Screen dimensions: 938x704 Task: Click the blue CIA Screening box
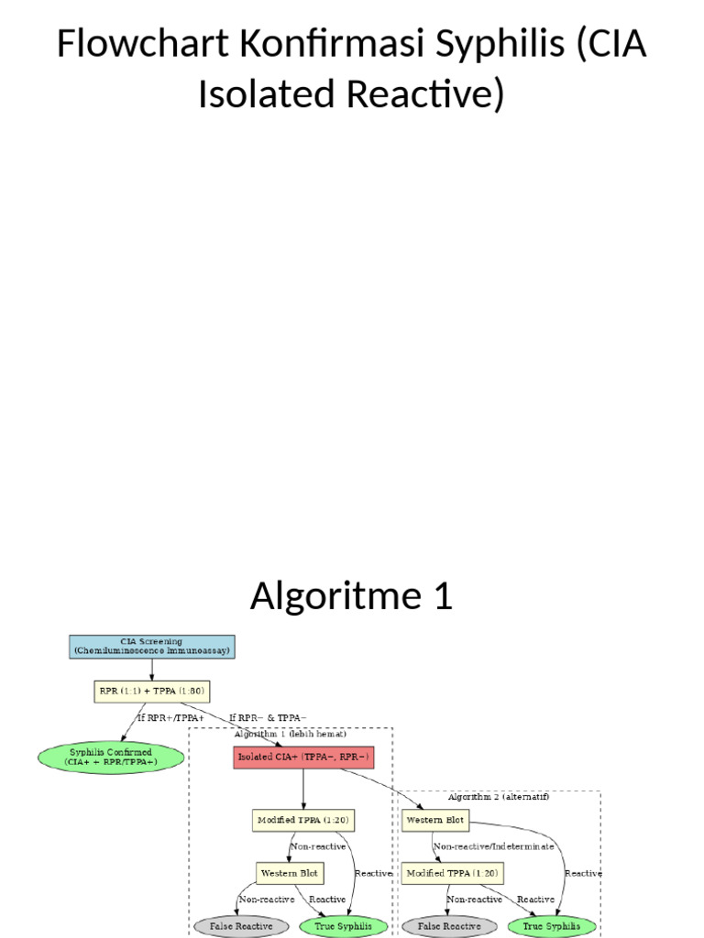click(x=151, y=647)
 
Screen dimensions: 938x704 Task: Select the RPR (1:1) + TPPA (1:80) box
click(x=151, y=691)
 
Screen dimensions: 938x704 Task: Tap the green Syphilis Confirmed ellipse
click(x=110, y=757)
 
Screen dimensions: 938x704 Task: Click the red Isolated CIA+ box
click(x=303, y=757)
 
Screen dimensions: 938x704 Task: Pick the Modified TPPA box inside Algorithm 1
click(x=303, y=820)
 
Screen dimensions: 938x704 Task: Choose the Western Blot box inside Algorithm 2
click(x=434, y=820)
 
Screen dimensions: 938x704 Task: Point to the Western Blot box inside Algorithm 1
click(x=291, y=873)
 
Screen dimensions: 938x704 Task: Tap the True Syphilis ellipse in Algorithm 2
click(x=551, y=926)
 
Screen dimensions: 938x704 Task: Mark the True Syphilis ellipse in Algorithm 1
click(x=343, y=926)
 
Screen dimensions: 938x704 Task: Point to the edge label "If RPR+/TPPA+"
click(x=170, y=717)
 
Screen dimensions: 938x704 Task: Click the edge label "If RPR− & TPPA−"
click(x=268, y=717)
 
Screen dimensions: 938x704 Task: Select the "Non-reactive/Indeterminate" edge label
click(x=493, y=846)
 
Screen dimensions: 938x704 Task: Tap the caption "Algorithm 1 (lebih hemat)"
click(x=290, y=735)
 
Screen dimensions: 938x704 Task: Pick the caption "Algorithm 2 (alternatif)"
click(x=499, y=797)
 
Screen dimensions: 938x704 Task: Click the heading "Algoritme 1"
click(x=352, y=596)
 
